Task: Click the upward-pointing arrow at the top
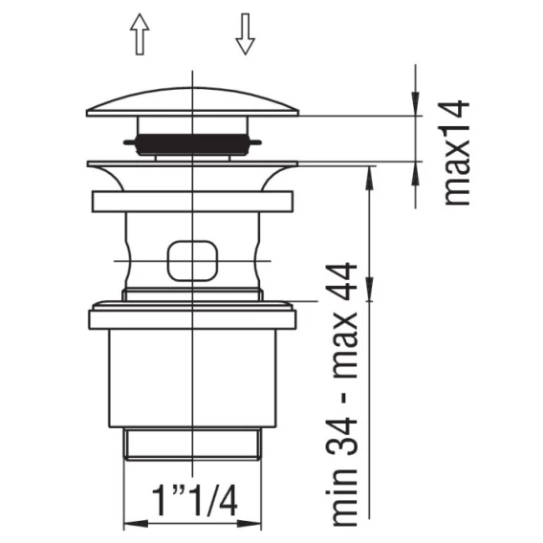click(140, 34)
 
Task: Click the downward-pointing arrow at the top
click(245, 34)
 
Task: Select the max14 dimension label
click(457, 153)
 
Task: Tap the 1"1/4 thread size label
click(195, 500)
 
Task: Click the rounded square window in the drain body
click(193, 261)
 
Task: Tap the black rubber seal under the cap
click(192, 144)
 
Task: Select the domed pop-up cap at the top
click(192, 102)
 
